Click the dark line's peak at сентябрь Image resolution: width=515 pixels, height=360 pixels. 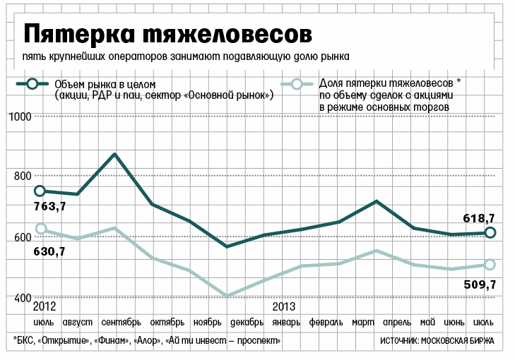114,154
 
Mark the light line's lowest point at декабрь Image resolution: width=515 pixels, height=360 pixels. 227,296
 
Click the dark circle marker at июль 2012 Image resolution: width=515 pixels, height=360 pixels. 40,191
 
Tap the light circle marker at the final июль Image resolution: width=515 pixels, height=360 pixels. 490,265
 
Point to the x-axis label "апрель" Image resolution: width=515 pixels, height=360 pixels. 396,323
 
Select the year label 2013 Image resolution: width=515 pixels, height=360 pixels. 283,307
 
